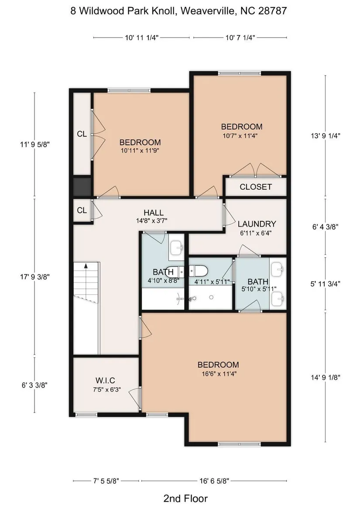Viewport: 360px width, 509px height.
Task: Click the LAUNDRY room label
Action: [257, 224]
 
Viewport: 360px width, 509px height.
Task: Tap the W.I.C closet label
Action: [105, 381]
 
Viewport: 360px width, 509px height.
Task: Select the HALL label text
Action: [154, 213]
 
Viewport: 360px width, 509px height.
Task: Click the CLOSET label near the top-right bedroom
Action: [256, 187]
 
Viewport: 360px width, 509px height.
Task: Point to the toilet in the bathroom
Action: [198, 271]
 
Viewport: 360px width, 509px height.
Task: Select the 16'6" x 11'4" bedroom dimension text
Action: [219, 374]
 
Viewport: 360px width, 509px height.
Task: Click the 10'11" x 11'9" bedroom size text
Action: [140, 151]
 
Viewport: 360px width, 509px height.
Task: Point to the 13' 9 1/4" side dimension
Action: [325, 136]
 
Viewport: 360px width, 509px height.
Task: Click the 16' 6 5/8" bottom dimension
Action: [214, 481]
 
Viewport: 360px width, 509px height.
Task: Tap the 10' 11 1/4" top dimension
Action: [141, 38]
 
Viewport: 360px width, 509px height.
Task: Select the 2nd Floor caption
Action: [185, 498]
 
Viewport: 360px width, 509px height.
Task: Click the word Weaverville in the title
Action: [208, 11]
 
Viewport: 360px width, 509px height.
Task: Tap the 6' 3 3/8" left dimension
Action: [35, 385]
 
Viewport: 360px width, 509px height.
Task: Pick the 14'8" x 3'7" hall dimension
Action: [151, 221]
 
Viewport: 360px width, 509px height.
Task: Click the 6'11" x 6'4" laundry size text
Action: [256, 233]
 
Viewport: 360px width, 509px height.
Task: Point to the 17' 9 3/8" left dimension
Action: [35, 277]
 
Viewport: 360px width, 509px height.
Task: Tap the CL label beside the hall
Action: [82, 210]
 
